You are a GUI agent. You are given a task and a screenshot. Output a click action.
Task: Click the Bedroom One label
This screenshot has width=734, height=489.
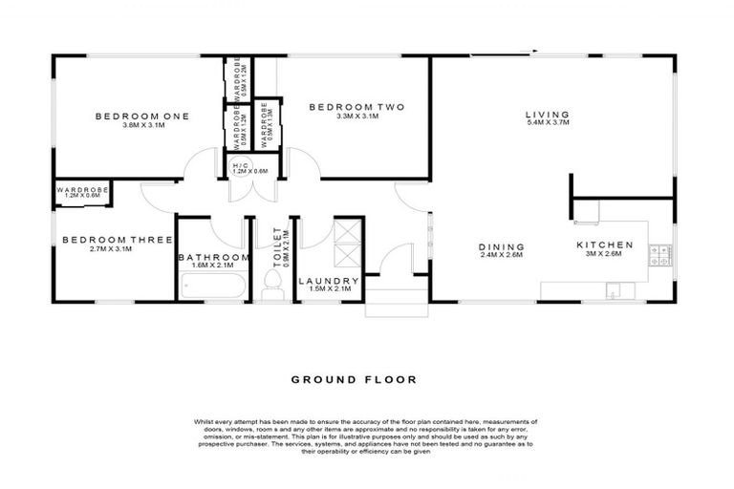pyautogui.click(x=141, y=117)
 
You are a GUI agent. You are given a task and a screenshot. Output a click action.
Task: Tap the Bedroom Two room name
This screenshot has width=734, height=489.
pyautogui.click(x=345, y=107)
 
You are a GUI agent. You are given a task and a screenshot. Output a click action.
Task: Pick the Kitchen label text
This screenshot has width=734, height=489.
pyautogui.click(x=605, y=244)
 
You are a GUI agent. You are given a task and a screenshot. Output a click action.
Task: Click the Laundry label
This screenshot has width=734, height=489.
pyautogui.click(x=329, y=281)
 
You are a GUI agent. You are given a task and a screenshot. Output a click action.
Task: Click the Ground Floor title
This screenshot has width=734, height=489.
pyautogui.click(x=354, y=379)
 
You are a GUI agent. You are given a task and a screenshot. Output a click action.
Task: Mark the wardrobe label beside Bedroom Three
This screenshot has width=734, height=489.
pyautogui.click(x=82, y=190)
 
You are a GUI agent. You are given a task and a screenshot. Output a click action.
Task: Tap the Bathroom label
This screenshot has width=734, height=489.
pyautogui.click(x=213, y=257)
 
